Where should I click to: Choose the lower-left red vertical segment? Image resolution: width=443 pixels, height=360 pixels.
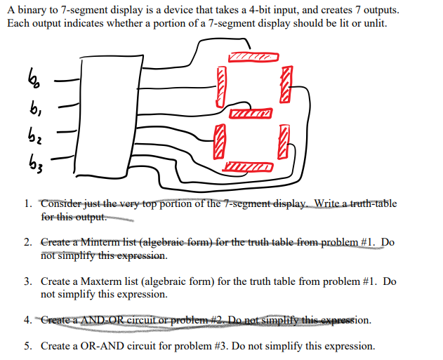220,138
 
